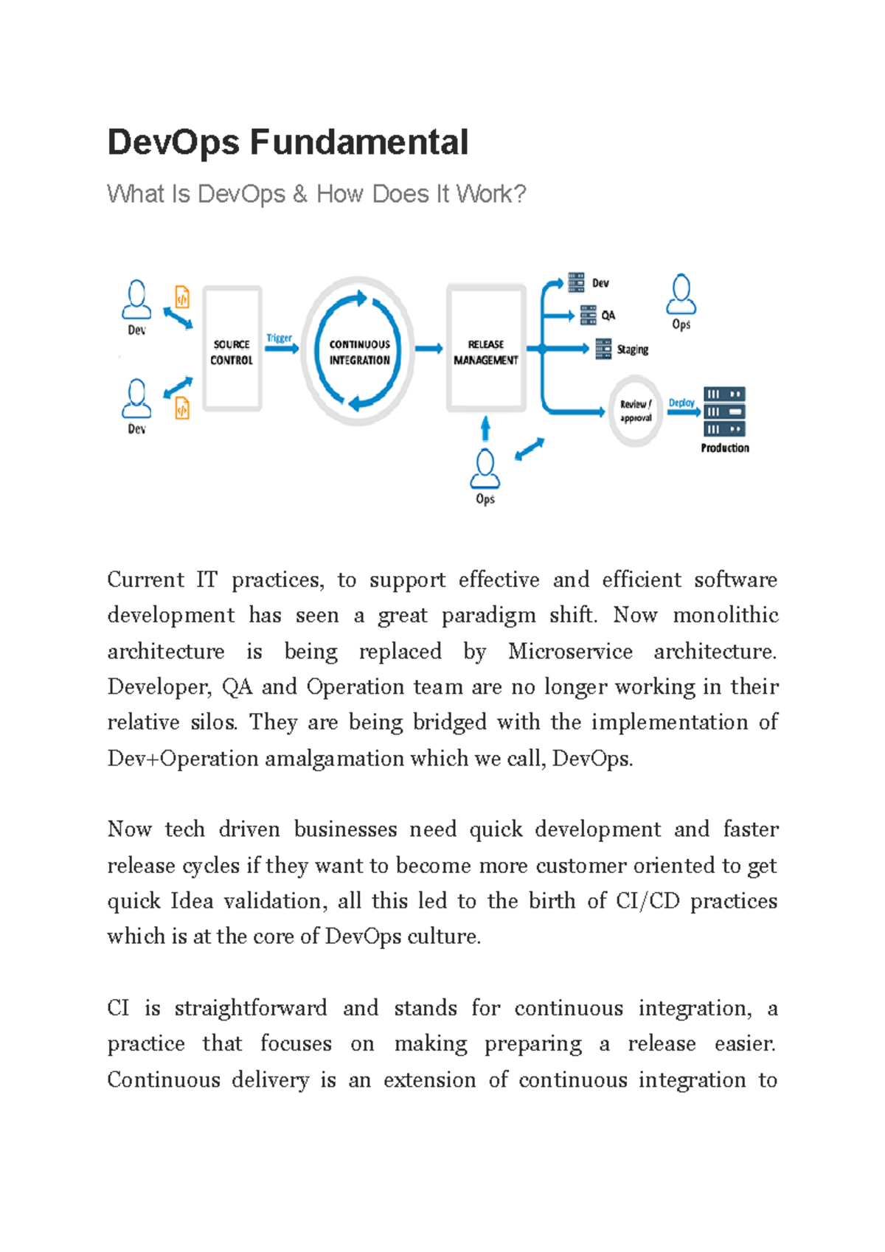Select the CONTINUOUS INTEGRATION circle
[359, 351]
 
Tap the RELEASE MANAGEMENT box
[486, 349]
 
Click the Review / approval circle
[635, 411]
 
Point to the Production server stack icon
[724, 411]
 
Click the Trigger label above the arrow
[280, 338]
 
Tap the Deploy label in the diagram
[681, 403]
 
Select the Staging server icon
[603, 349]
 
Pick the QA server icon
[588, 316]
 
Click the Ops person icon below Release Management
[485, 470]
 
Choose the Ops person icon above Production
[681, 295]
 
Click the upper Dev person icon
[136, 300]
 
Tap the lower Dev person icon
[136, 399]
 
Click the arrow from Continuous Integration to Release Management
[428, 349]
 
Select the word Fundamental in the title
[359, 142]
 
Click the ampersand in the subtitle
[299, 194]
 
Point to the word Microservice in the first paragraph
[570, 651]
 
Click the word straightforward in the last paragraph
[251, 1008]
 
